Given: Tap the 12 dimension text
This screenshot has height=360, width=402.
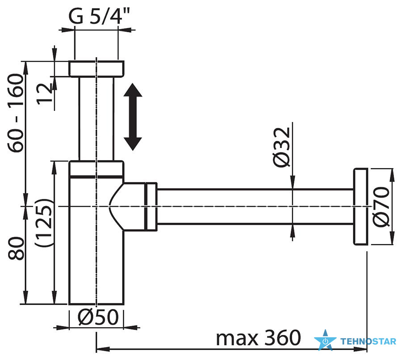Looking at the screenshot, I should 45,93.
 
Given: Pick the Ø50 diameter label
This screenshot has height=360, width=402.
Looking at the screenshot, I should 97,318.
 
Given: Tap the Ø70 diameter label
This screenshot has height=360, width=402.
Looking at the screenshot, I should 383,207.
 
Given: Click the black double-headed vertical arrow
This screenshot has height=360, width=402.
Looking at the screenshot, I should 133,117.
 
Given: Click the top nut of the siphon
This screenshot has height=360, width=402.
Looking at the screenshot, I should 96,69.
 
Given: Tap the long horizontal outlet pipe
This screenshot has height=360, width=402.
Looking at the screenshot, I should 255,206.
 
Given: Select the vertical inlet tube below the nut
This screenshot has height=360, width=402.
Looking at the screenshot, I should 96,119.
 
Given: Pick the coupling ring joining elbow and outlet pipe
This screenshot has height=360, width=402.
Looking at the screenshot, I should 151,206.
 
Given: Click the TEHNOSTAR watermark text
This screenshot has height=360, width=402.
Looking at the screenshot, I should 368,342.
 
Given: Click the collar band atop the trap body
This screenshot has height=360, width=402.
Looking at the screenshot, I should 96,169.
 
